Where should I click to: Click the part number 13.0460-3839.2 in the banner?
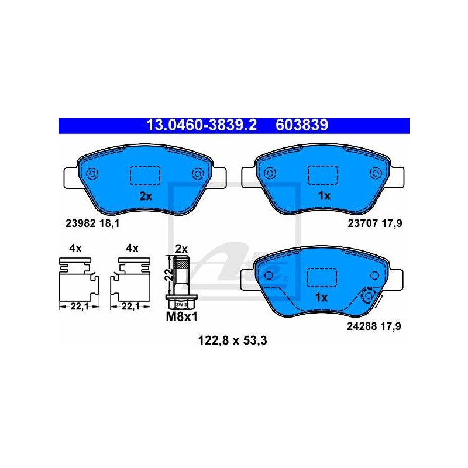[201, 125]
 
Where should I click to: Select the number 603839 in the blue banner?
[302, 125]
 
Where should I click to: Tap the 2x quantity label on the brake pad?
[146, 197]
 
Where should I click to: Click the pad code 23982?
[80, 223]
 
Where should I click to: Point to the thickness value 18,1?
[109, 223]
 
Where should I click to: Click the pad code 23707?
[363, 223]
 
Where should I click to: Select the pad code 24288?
[362, 326]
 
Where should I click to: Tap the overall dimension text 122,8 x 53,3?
[232, 340]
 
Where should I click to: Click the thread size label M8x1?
[182, 317]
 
